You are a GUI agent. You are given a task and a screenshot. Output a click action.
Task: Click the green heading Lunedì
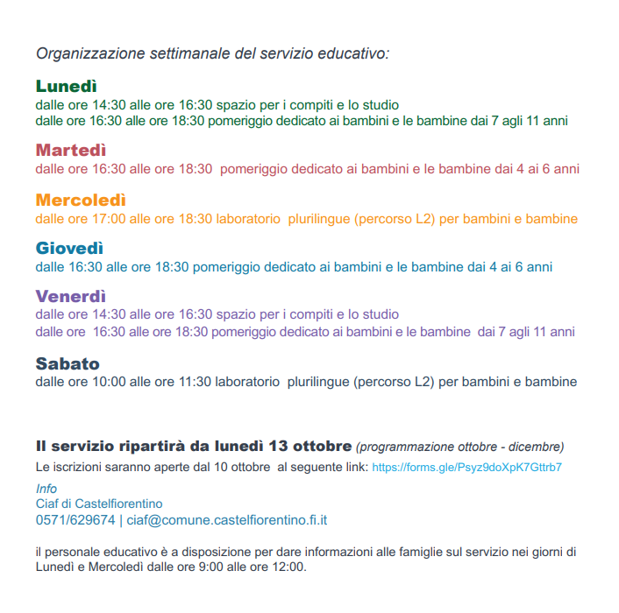click(66, 86)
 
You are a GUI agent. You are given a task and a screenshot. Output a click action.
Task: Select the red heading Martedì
click(71, 150)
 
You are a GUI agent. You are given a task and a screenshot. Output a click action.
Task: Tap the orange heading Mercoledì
click(81, 200)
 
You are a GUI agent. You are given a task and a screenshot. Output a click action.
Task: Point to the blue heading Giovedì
click(70, 248)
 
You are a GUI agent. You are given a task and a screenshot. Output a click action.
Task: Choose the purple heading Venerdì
click(71, 296)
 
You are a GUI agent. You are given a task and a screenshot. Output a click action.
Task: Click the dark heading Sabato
click(68, 363)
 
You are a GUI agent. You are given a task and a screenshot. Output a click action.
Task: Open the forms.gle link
click(466, 468)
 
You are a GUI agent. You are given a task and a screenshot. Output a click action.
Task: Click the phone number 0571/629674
click(75, 520)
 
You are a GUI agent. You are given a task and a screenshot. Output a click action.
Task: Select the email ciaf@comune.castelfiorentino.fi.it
click(227, 520)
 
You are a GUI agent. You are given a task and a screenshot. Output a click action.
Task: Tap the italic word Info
click(46, 489)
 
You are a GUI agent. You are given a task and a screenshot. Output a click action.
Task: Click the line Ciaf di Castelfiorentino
click(98, 504)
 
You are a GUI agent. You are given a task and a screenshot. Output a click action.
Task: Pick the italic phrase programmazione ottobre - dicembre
click(460, 447)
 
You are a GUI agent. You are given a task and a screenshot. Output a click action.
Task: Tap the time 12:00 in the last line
click(285, 567)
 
